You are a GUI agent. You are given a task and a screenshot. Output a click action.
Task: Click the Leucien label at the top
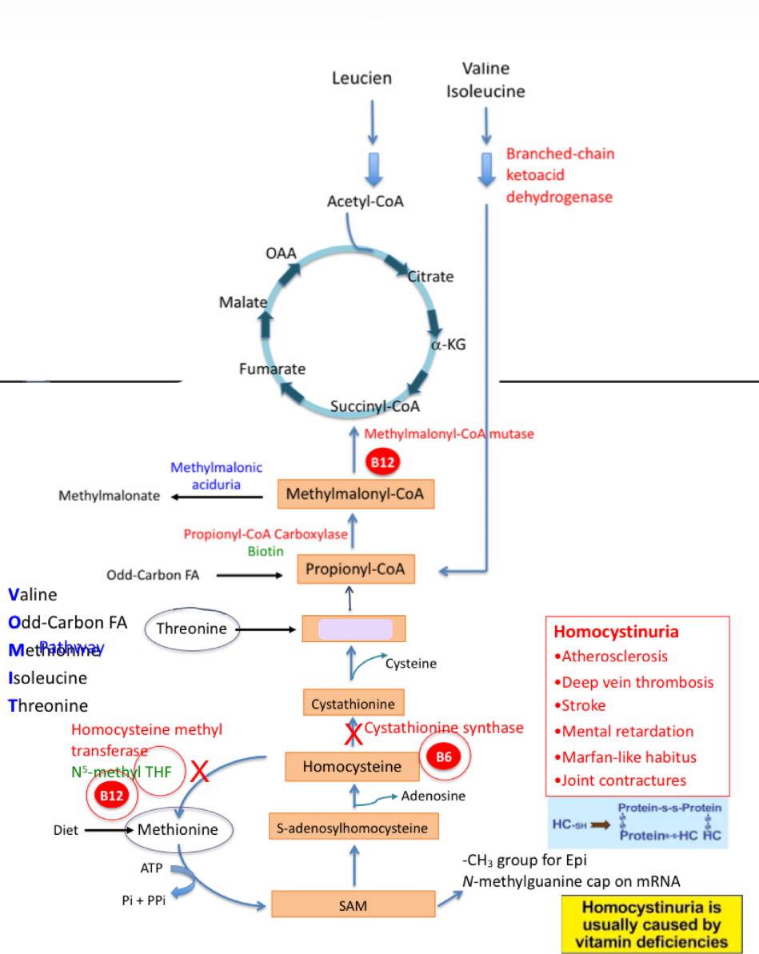tap(362, 78)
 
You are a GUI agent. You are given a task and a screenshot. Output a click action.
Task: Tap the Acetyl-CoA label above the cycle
tap(366, 201)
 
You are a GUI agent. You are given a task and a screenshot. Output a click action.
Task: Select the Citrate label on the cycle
tap(431, 277)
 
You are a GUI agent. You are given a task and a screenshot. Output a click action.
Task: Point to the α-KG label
tap(448, 345)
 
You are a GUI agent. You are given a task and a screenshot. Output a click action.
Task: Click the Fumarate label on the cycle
tap(272, 369)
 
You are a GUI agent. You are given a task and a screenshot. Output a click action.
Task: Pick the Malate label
tap(242, 302)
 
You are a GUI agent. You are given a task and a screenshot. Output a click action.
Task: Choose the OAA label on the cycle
tap(281, 253)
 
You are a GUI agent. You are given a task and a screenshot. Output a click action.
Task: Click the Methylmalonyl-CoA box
tap(355, 494)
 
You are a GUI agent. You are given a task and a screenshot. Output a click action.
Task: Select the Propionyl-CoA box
tap(355, 569)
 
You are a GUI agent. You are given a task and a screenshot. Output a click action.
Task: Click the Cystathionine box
tap(354, 704)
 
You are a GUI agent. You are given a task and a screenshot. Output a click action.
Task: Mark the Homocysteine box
tap(352, 767)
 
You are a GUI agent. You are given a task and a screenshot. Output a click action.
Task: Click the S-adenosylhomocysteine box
tap(353, 828)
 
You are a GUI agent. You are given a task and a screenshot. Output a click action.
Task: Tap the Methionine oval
tap(178, 829)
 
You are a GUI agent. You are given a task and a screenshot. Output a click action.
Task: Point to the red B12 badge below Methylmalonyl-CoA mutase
tap(382, 463)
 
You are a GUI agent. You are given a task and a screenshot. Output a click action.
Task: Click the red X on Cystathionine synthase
tap(351, 731)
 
